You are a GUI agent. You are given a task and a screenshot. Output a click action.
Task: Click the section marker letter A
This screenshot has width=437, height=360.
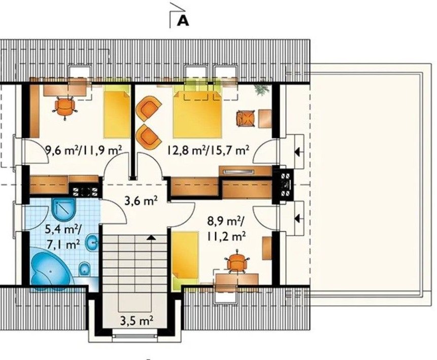(183, 21)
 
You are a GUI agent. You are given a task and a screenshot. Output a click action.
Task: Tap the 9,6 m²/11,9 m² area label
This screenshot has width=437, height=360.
(84, 151)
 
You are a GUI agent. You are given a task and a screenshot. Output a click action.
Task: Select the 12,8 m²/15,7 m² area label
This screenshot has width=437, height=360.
(208, 151)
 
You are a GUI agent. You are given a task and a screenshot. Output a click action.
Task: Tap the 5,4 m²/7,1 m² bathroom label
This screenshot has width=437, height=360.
(63, 237)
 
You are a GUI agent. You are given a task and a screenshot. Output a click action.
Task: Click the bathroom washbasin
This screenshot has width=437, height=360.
(92, 243)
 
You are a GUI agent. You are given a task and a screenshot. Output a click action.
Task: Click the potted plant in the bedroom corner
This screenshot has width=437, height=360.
(262, 90)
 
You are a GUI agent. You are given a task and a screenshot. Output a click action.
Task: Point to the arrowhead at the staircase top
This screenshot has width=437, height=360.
(151, 237)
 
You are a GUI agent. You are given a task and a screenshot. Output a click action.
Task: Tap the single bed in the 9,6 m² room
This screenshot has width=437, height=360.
(117, 115)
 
